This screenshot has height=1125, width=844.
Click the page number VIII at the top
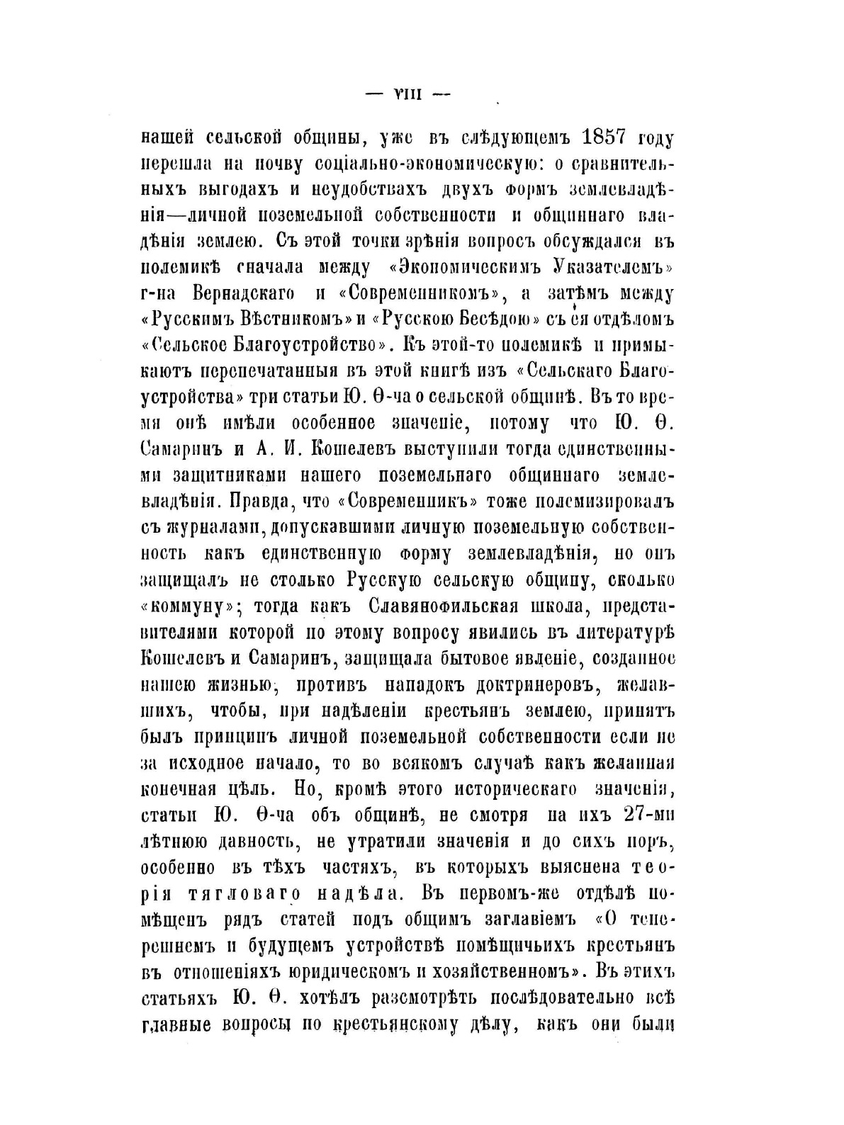pos(407,94)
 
